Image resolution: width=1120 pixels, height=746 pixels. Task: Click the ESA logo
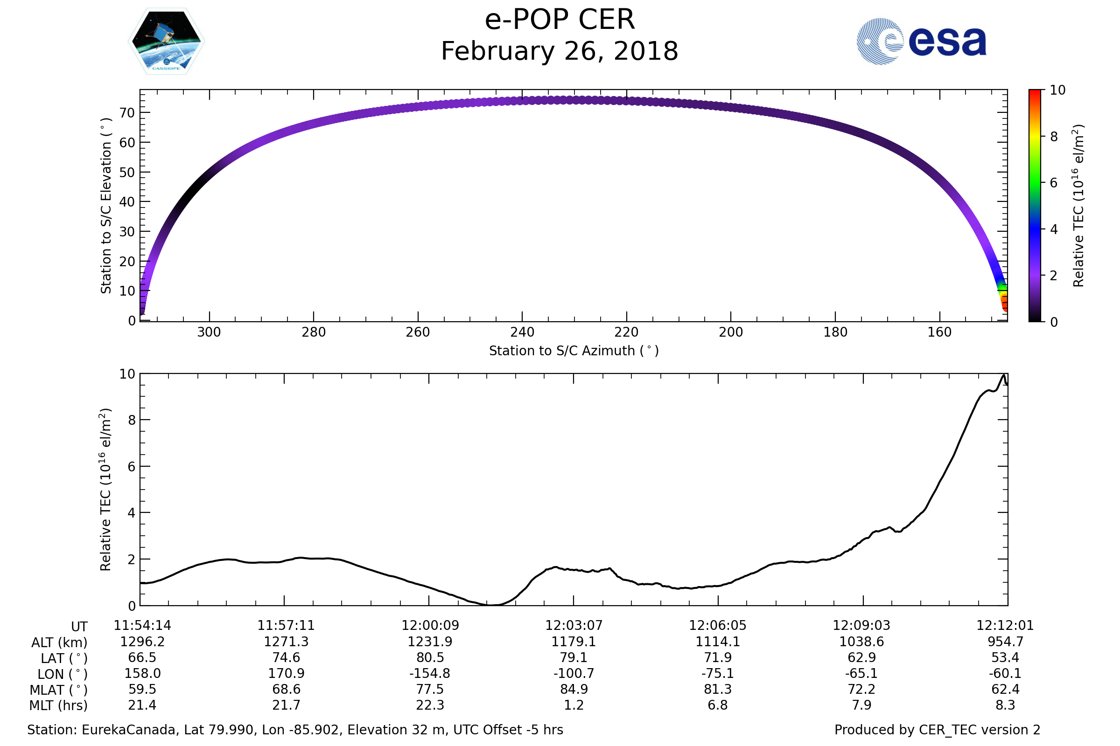pos(921,41)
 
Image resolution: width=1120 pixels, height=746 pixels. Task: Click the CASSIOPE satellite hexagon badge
pos(166,41)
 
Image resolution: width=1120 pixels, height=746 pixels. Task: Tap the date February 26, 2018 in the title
pos(560,51)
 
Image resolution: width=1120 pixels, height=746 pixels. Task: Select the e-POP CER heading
pos(560,20)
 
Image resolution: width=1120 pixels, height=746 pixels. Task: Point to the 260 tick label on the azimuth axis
pos(418,332)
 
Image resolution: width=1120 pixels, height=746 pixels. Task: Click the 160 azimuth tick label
pos(939,332)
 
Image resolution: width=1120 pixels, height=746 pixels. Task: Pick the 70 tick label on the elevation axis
pos(127,113)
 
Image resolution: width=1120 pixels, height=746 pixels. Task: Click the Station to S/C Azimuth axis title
pos(574,351)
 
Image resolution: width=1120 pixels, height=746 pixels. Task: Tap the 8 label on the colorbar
pos(1053,137)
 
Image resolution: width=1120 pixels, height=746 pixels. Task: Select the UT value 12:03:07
pos(574,626)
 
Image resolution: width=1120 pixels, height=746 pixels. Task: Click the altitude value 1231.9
pos(429,642)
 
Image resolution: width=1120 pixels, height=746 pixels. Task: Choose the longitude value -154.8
pos(429,674)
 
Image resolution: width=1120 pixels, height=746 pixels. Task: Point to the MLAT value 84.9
pos(574,690)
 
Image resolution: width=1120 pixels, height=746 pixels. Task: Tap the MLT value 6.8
pos(717,705)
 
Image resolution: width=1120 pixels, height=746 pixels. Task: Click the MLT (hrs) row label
pos(59,705)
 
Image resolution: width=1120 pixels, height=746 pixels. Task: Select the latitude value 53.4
pos(1005,657)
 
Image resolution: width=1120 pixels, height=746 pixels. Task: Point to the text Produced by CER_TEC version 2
pos(937,730)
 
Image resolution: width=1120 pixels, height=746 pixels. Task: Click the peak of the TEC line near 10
pos(1004,375)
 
